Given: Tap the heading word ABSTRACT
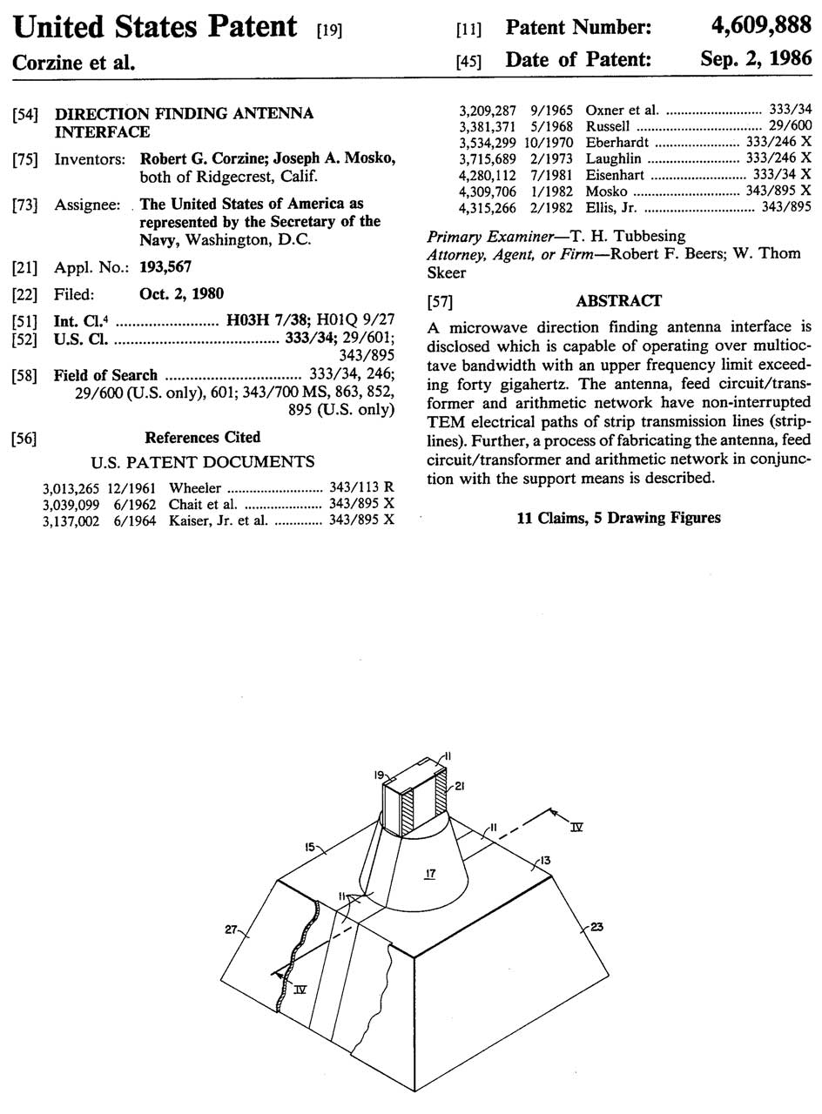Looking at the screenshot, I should click(618, 300).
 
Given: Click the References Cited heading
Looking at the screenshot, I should click(202, 437).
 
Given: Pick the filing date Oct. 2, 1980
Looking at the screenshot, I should click(181, 294).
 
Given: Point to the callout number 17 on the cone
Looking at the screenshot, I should click(430, 873).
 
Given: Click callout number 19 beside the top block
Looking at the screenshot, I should click(380, 774).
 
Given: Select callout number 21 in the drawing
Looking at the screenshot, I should click(459, 787).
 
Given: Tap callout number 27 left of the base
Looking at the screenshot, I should click(231, 929).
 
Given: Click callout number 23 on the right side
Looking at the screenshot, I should click(596, 927).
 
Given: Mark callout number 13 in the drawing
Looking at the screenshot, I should click(545, 861).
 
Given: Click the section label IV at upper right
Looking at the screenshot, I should click(576, 827).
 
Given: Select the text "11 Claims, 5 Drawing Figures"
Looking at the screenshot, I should click(618, 518).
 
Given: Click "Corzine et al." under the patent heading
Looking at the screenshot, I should click(72, 63).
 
